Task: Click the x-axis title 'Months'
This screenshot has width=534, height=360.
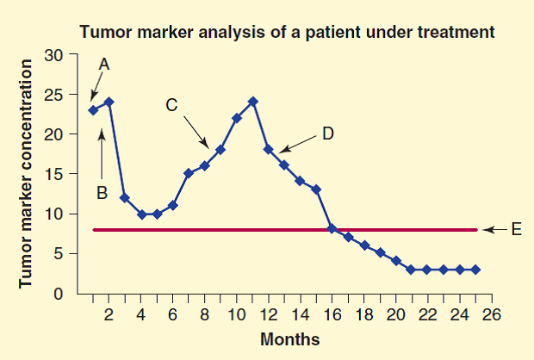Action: [x=289, y=338]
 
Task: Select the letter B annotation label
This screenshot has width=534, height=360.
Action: [x=101, y=194]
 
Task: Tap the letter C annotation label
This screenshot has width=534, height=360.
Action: [x=171, y=105]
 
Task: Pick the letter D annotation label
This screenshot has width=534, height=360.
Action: [x=327, y=133]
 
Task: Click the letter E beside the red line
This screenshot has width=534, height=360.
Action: [x=516, y=230]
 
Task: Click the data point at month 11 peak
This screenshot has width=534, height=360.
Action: [x=252, y=102]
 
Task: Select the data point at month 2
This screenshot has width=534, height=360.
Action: [x=109, y=102]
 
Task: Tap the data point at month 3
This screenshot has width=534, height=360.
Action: [x=124, y=197]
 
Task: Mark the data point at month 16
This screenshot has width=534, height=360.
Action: [x=332, y=229]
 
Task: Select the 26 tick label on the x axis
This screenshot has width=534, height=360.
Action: [x=492, y=313]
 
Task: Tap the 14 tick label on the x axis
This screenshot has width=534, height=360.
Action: [x=300, y=313]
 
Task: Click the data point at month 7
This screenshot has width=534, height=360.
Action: [x=189, y=173]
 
